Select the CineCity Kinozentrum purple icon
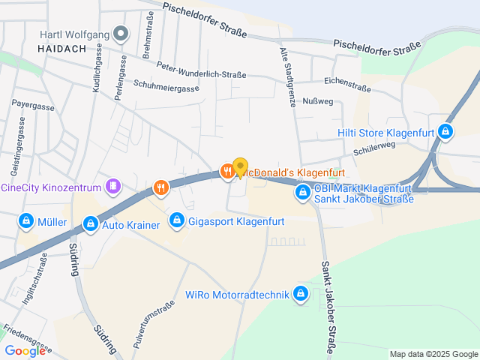tap(113, 184)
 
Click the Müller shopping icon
tap(26, 221)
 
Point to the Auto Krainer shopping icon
tap(90, 223)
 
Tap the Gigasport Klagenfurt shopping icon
tap(177, 220)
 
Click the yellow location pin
tap(240, 168)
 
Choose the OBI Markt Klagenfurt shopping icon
tap(302, 193)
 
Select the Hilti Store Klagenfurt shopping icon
tap(445, 132)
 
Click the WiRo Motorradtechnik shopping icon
tap(301, 293)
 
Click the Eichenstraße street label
tap(347, 83)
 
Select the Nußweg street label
tap(318, 100)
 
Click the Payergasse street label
tap(33, 106)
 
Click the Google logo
tap(25, 350)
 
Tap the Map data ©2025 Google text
tap(433, 354)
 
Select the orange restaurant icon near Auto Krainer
tap(160, 187)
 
